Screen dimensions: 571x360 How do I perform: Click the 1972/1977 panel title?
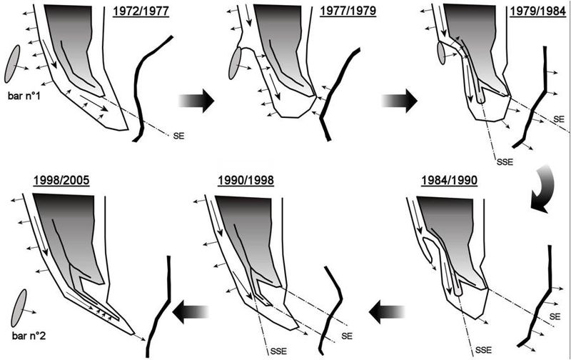[x=141, y=11]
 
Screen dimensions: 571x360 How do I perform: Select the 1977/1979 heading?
[x=348, y=11]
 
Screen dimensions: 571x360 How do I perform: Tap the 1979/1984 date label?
[x=537, y=11]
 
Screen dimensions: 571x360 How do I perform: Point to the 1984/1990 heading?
[x=450, y=181]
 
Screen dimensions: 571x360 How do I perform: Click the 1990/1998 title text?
[x=246, y=181]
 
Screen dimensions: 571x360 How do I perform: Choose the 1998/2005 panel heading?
[x=61, y=181]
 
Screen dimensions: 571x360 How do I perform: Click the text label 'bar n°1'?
[x=24, y=96]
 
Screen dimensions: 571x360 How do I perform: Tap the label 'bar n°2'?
[x=29, y=336]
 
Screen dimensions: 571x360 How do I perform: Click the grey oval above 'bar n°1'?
[x=12, y=64]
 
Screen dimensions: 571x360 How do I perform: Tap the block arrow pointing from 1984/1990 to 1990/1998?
[x=386, y=312]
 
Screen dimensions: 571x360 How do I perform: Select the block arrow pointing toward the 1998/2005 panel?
[x=190, y=312]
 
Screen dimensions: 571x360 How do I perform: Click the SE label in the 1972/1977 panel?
[x=179, y=136]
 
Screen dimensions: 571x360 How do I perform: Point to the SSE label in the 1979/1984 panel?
[x=505, y=161]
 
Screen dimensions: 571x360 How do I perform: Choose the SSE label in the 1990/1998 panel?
[x=278, y=351]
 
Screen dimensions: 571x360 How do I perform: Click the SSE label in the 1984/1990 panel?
[x=483, y=350]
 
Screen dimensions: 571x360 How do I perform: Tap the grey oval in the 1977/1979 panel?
[x=236, y=63]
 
